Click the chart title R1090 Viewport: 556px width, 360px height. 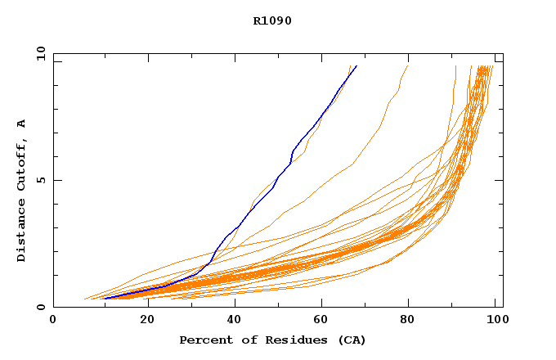click(x=272, y=20)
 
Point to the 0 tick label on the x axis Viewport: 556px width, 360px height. click(x=53, y=320)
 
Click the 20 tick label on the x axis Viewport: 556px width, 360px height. click(x=142, y=320)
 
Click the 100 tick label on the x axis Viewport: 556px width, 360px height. click(x=496, y=320)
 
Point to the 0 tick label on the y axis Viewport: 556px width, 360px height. click(x=41, y=308)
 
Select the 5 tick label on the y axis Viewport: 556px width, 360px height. click(x=41, y=180)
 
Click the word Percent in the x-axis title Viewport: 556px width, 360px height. click(x=202, y=340)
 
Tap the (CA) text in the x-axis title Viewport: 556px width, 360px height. click(x=352, y=340)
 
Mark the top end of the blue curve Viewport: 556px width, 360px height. click(x=356, y=65)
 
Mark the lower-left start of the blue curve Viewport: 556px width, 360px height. click(x=105, y=299)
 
